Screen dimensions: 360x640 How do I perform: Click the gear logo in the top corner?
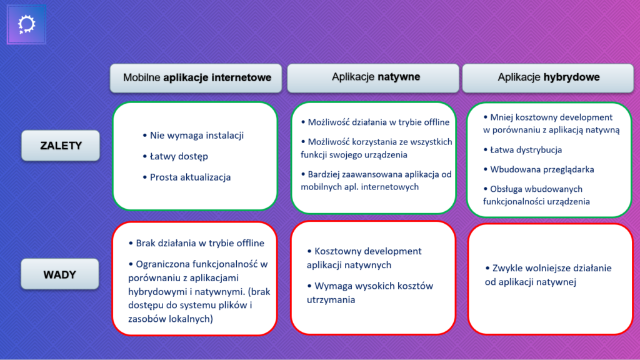(x=27, y=24)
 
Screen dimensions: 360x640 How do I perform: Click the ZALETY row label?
(x=61, y=146)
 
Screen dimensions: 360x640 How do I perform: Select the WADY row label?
(x=61, y=274)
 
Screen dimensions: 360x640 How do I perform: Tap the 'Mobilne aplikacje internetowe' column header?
(x=197, y=78)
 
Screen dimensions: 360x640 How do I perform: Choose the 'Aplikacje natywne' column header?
(x=375, y=77)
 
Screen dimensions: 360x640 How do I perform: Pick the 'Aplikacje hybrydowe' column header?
(x=548, y=77)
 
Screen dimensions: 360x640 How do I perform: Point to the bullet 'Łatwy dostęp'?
(x=179, y=156)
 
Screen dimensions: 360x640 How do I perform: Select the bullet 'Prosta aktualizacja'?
(x=190, y=177)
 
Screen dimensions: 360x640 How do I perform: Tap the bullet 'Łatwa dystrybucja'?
(x=526, y=150)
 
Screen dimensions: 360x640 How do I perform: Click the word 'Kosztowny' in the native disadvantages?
(x=338, y=251)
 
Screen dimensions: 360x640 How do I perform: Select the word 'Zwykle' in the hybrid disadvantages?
(x=506, y=268)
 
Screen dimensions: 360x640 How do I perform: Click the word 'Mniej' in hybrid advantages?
(x=503, y=117)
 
